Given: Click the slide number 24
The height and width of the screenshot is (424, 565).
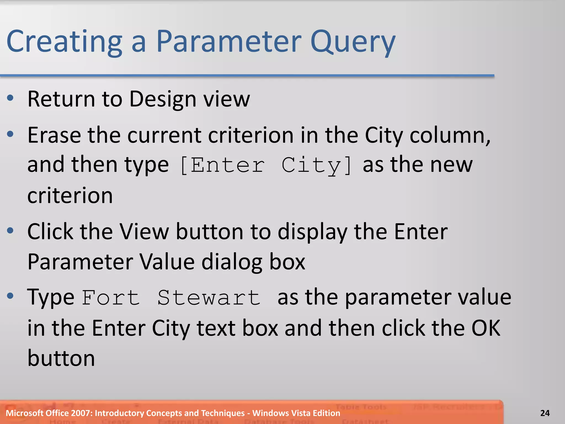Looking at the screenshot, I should click(545, 413).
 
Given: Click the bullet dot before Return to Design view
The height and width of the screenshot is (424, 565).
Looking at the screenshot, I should click(10, 98).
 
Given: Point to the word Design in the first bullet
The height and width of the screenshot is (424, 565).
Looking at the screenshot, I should click(163, 99).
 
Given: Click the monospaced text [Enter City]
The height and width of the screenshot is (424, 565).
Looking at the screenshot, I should click(266, 165).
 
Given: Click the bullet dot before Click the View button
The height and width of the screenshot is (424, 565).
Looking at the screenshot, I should click(10, 230).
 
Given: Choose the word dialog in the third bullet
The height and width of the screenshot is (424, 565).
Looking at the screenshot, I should click(232, 262).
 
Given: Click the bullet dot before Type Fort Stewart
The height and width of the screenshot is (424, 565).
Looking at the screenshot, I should click(10, 296).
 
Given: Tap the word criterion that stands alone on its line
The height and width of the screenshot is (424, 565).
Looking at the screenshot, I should click(70, 195).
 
